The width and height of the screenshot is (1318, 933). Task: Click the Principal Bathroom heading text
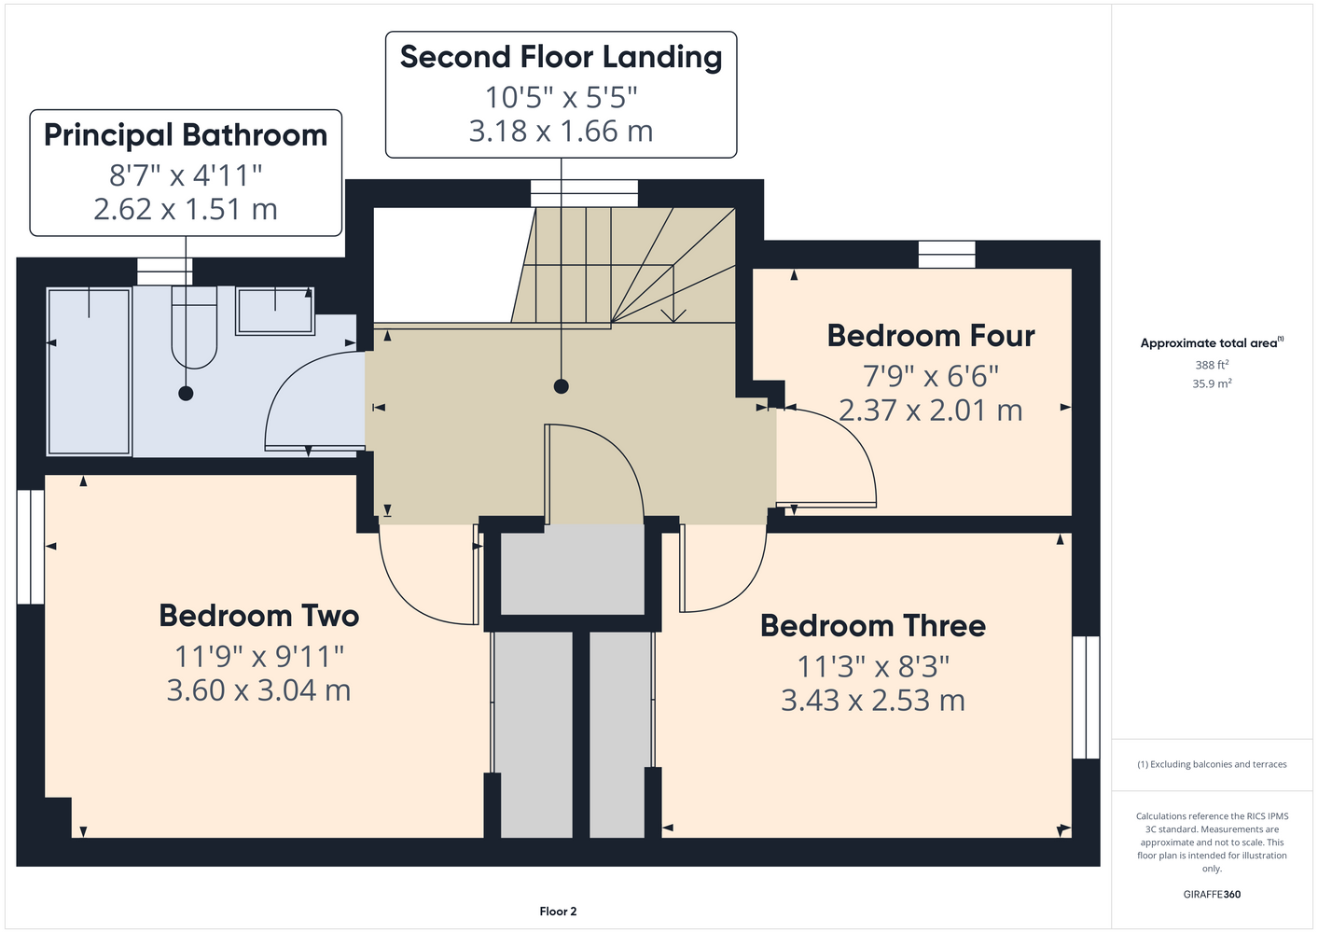186,136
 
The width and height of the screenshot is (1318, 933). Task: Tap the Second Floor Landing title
561,58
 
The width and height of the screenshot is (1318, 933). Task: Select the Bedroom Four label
931,336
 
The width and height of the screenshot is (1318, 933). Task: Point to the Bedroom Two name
259,617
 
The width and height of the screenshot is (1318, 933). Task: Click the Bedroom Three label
872,626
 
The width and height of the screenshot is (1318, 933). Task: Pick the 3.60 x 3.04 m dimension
259,689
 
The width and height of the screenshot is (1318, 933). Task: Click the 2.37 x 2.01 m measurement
931,411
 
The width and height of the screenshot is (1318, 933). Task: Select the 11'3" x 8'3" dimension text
872,666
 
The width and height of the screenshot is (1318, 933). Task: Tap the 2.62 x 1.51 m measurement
186,209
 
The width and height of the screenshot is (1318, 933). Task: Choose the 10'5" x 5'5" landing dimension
561,97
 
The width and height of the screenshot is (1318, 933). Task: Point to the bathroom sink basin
275,311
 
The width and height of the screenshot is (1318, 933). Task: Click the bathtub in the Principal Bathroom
89,371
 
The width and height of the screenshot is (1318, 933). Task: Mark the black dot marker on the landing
561,386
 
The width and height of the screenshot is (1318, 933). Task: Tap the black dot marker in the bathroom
186,393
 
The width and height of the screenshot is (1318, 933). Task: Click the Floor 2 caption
558,912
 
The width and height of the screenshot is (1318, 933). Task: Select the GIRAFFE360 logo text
1212,894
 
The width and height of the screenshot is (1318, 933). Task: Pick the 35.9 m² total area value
1212,383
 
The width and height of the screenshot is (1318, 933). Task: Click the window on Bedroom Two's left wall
31,547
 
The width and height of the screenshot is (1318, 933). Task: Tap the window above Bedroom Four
947,255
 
